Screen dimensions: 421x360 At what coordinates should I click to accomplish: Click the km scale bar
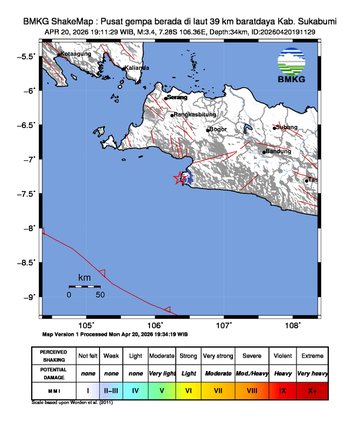pyautogui.click(x=84, y=286)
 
